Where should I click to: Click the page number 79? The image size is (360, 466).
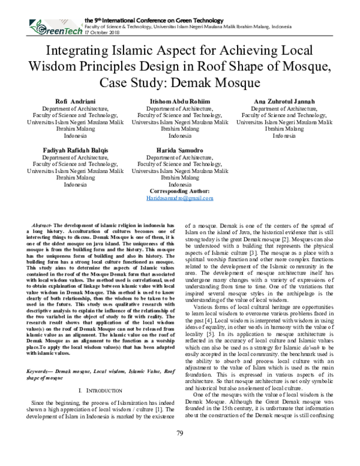(179, 450)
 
